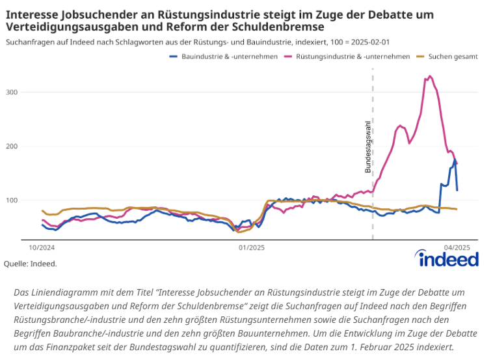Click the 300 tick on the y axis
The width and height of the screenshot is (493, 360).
(x=30, y=92)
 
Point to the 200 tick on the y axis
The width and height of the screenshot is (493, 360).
(x=30, y=146)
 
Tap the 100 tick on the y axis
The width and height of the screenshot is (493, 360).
(x=30, y=200)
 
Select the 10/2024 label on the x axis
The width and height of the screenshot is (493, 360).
(x=41, y=247)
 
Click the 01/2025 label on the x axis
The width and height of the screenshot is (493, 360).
(x=251, y=247)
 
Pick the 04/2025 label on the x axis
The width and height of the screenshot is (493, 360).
(x=457, y=247)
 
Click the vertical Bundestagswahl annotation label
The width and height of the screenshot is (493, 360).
(x=367, y=146)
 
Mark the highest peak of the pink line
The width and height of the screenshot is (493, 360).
(x=430, y=76)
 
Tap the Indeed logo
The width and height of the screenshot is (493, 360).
(x=449, y=259)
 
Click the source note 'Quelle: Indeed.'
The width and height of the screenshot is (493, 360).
(x=31, y=264)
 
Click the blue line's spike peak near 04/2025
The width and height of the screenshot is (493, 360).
(x=455, y=159)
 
